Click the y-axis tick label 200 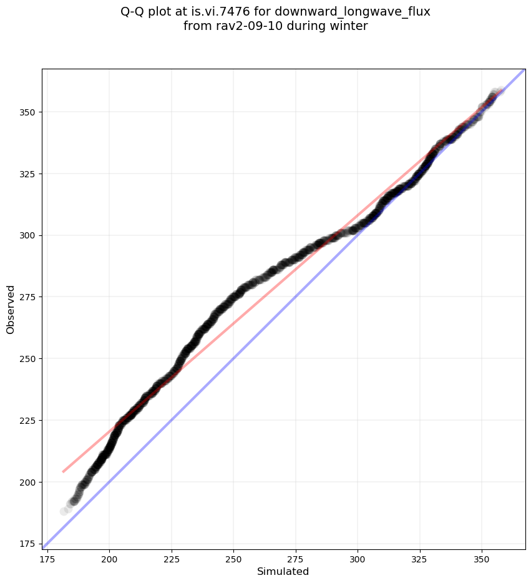click(x=29, y=483)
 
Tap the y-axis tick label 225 click(x=29, y=421)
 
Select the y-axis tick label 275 click(x=29, y=297)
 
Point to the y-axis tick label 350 click(x=29, y=112)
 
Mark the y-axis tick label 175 click(x=29, y=544)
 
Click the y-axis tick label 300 click(x=29, y=236)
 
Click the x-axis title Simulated click(x=283, y=572)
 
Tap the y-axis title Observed click(x=11, y=309)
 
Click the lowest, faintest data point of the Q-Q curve click(x=64, y=511)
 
